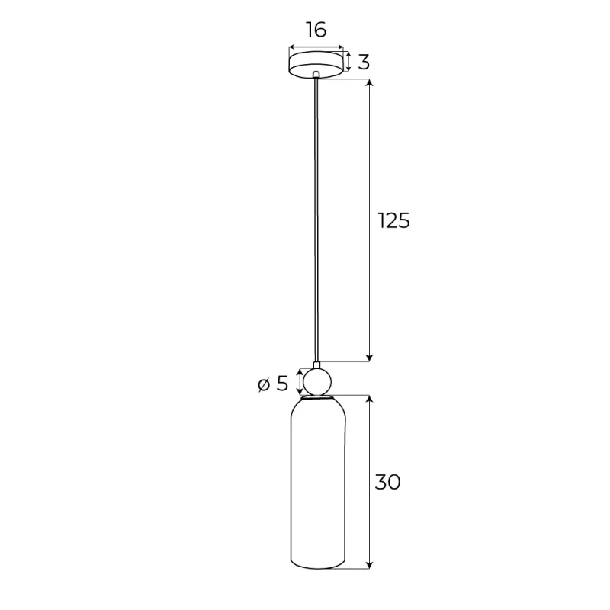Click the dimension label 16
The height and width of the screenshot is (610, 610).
[316, 30]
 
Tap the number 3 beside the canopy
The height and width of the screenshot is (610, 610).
[363, 63]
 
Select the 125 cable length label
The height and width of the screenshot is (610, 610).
[394, 220]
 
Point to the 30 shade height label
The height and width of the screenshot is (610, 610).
[387, 481]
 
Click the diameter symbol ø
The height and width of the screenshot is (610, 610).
[263, 384]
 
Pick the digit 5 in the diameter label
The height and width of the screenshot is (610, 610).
[282, 384]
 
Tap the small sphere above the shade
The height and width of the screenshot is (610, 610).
[316, 381]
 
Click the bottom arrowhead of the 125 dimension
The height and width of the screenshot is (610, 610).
[370, 356]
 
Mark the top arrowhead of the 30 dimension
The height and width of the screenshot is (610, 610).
[370, 401]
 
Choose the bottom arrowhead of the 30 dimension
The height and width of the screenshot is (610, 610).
[370, 563]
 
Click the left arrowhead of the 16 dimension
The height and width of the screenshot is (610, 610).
[292, 47]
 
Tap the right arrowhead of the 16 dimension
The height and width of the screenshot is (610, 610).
[340, 47]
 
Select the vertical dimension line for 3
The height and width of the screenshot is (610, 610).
[349, 62]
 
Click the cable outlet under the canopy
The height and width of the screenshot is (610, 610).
[316, 75]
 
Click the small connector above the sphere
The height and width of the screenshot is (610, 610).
[316, 364]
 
